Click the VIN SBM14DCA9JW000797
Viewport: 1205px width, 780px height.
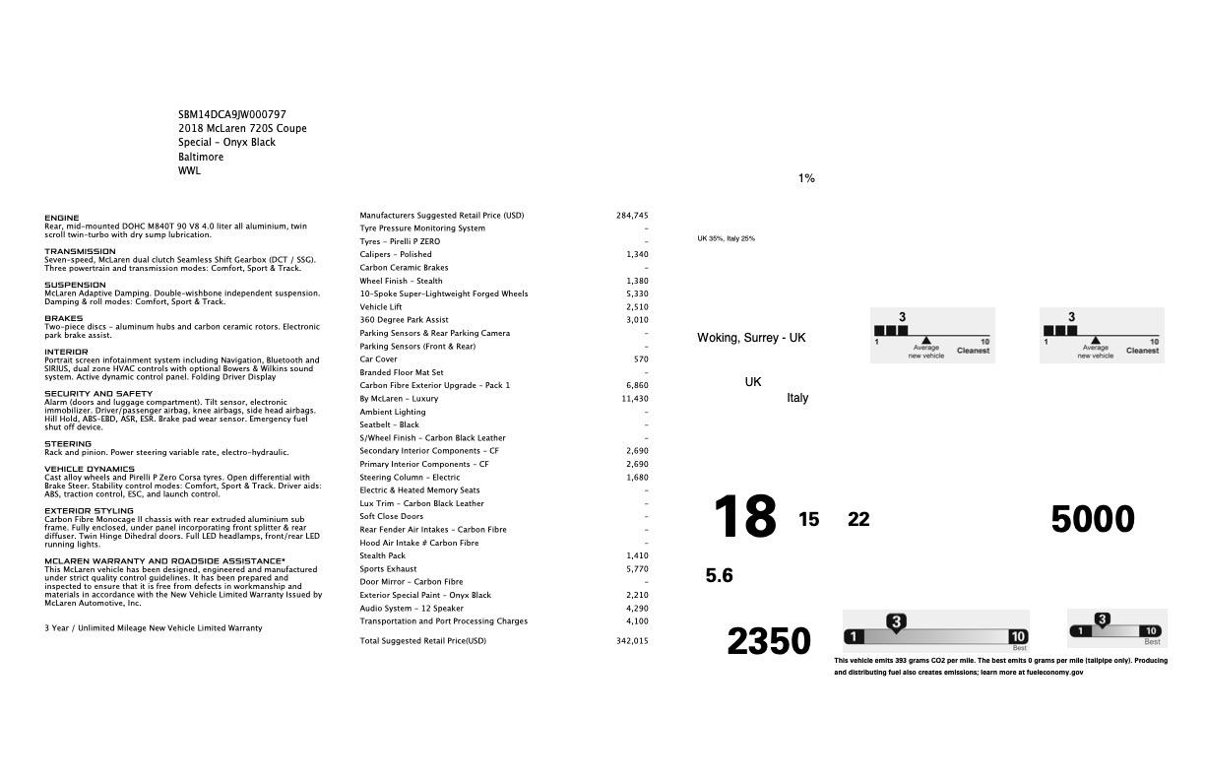pyautogui.click(x=232, y=114)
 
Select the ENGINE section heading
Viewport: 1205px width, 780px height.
pyautogui.click(x=62, y=218)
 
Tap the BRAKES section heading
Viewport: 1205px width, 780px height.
pyautogui.click(x=64, y=318)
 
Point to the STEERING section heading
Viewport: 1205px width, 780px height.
pyautogui.click(x=67, y=443)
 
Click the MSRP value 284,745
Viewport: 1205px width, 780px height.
pyautogui.click(x=632, y=215)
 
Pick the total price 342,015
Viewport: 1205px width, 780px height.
pyautogui.click(x=632, y=640)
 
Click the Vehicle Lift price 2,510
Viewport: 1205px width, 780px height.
pyautogui.click(x=637, y=306)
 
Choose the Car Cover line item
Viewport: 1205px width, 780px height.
pyautogui.click(x=379, y=358)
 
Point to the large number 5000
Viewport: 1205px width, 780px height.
pyautogui.click(x=1093, y=519)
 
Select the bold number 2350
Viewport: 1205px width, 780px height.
pyautogui.click(x=769, y=641)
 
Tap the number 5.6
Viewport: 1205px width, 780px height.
pyautogui.click(x=720, y=576)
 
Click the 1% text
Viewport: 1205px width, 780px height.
pyautogui.click(x=806, y=178)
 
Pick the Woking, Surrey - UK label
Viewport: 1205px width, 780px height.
pyautogui.click(x=751, y=338)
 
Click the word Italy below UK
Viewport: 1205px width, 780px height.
pyautogui.click(x=797, y=398)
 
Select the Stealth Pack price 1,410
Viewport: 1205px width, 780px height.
pyautogui.click(x=637, y=555)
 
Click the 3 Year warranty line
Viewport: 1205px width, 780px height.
pyautogui.click(x=154, y=627)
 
